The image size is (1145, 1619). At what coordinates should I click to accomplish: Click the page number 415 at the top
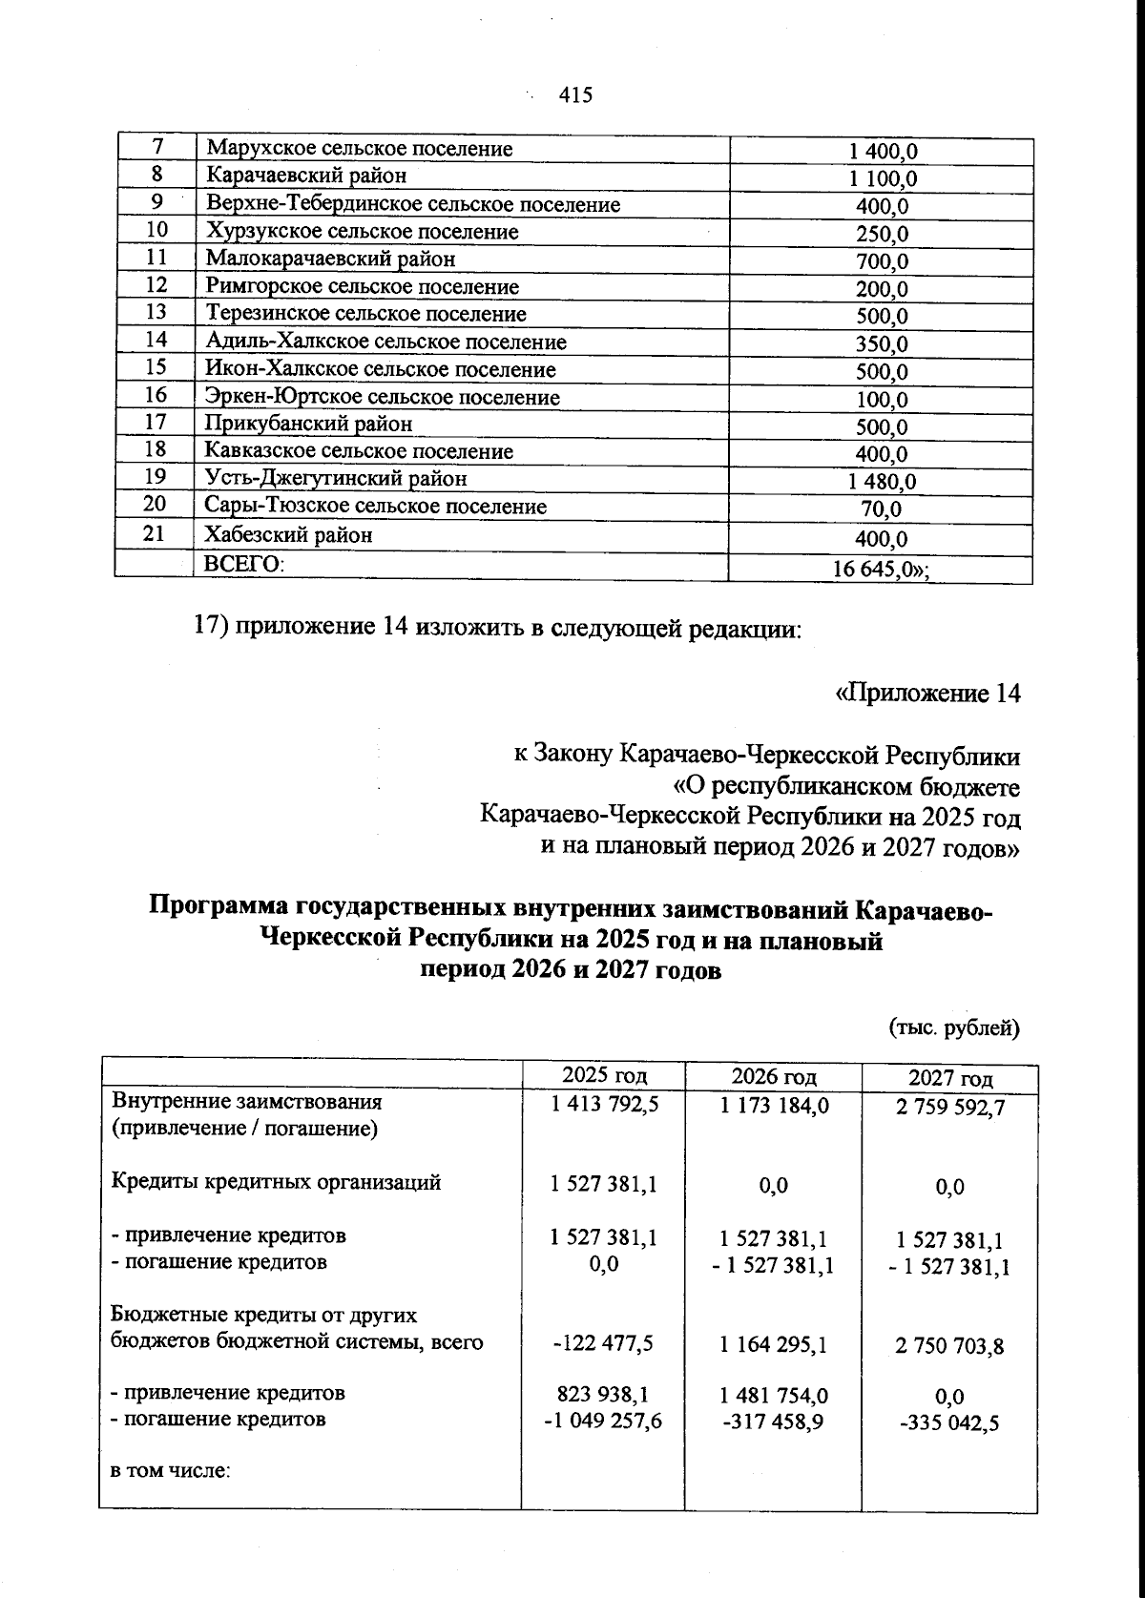(576, 95)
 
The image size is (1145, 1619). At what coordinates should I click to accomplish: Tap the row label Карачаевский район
(305, 176)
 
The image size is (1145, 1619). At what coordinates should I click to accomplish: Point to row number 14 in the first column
(156, 340)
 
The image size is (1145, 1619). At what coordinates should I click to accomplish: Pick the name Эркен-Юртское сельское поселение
(383, 397)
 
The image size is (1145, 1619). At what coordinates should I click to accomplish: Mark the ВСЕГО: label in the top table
(244, 564)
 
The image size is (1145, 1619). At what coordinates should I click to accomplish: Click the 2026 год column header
(773, 1077)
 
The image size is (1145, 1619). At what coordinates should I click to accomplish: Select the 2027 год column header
(949, 1079)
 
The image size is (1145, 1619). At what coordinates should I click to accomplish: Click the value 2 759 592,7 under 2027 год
(949, 1107)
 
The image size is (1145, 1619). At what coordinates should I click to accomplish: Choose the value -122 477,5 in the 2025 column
(603, 1343)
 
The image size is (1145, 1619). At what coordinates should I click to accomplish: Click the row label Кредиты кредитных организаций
(277, 1183)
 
